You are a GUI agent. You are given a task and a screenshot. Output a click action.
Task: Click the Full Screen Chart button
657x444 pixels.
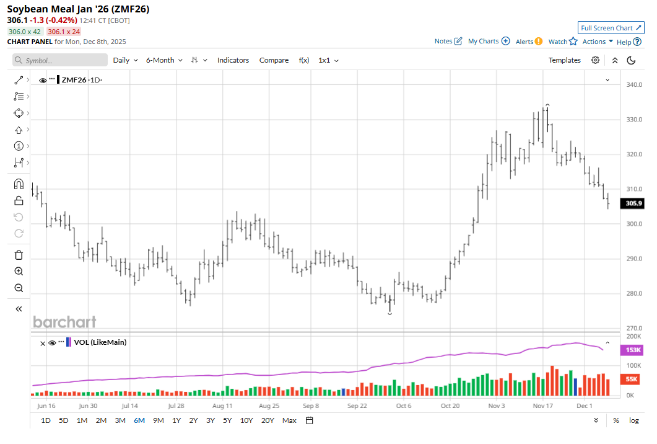coord(611,28)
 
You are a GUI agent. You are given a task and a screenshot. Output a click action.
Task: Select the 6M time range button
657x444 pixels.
coord(139,420)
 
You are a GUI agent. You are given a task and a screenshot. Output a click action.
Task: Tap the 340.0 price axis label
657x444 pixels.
coord(633,84)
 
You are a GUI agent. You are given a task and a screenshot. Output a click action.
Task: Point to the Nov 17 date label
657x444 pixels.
coord(542,406)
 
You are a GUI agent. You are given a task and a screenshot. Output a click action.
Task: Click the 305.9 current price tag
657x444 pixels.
coord(633,203)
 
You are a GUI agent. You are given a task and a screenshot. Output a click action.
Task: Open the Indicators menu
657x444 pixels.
coord(233,60)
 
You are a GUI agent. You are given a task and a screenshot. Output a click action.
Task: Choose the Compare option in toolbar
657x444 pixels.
coord(274,60)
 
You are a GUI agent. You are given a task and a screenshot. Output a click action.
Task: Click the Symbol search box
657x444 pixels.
coord(60,60)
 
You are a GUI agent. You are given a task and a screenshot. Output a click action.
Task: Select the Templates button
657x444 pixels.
coord(564,60)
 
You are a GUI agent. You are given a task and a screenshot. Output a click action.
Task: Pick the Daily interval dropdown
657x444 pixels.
coord(125,60)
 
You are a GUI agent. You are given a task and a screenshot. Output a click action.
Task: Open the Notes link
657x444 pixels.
coord(448,42)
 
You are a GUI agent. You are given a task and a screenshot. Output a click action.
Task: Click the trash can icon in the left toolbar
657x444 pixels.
coord(19,255)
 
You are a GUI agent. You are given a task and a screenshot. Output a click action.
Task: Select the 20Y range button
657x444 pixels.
coord(268,420)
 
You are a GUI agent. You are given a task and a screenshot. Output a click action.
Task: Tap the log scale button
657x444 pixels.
coord(634,420)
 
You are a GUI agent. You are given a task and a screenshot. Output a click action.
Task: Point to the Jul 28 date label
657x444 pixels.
coord(176,406)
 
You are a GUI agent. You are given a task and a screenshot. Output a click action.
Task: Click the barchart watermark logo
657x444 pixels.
coord(64,322)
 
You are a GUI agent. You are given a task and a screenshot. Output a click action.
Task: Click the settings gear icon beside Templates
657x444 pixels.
coord(595,60)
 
